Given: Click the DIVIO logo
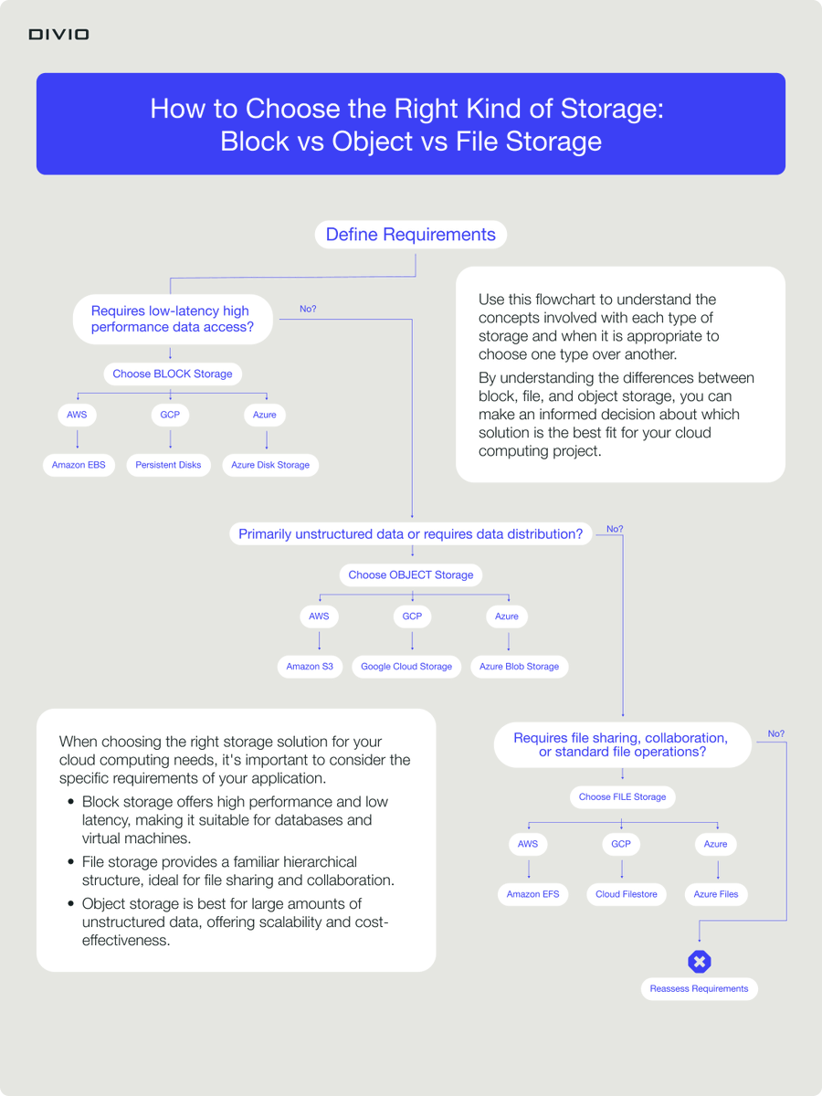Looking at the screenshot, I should pos(58,35).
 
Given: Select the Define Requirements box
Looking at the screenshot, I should pos(410,235).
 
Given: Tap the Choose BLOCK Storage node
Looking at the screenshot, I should pos(172,374).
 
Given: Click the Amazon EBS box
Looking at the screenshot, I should pos(79,465).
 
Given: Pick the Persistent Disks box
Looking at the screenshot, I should pos(168,465).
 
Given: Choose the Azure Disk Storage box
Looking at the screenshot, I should pos(270,465).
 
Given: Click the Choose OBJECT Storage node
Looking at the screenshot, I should pos(411,575).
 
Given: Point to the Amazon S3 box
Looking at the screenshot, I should pos(310,667).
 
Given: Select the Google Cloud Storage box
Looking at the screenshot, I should pos(406,667).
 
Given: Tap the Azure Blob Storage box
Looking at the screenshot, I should pos(519,667).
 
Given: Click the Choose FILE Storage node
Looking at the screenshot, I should pos(622,796).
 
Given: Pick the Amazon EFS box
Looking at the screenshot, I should pos(532,894).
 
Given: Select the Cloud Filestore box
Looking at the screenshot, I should pos(626,894).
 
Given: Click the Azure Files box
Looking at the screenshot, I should pos(716,894).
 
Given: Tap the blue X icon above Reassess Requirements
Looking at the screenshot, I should pos(700,962).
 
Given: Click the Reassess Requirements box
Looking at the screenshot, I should pos(699,989).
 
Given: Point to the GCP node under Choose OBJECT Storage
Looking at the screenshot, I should pos(413,616).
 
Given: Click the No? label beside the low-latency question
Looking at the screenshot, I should pos(308,310).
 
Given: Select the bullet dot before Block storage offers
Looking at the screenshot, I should pos(71,802).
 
